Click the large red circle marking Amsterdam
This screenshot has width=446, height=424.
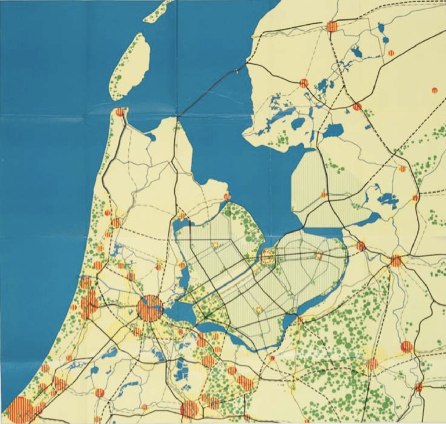pyautogui.click(x=149, y=308)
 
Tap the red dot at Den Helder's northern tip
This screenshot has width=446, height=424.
pyautogui.click(x=120, y=112)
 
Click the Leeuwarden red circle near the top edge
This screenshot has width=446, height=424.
pyautogui.click(x=331, y=26)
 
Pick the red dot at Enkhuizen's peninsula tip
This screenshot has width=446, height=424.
pyautogui.click(x=227, y=196)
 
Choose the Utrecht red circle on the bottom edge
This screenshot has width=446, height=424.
pyautogui.click(x=189, y=409)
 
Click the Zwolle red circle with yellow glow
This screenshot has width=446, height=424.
pyautogui.click(x=396, y=261)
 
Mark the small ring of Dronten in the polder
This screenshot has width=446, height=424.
pyautogui.click(x=319, y=255)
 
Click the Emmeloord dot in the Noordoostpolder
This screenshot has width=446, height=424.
pyautogui.click(x=323, y=195)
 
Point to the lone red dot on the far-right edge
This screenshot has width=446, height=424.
pyautogui.click(x=434, y=90)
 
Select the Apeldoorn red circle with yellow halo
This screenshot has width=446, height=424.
pyautogui.click(x=372, y=364)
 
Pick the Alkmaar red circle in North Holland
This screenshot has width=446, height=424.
pyautogui.click(x=116, y=223)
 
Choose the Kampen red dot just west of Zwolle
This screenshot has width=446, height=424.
pyautogui.click(x=360, y=246)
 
